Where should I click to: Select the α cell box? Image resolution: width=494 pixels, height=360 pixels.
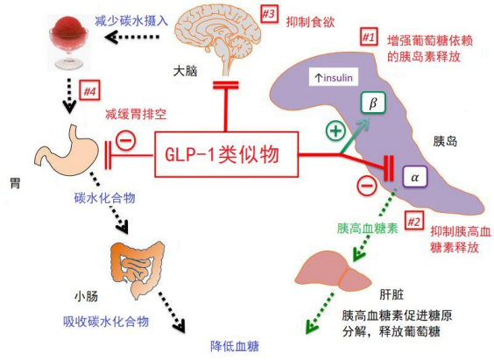(415, 177)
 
